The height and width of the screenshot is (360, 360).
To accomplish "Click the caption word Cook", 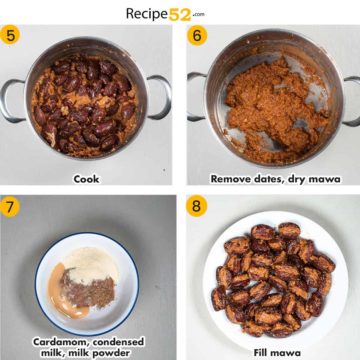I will click(x=86, y=179).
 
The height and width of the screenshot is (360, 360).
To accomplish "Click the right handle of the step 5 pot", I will click(x=160, y=96).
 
